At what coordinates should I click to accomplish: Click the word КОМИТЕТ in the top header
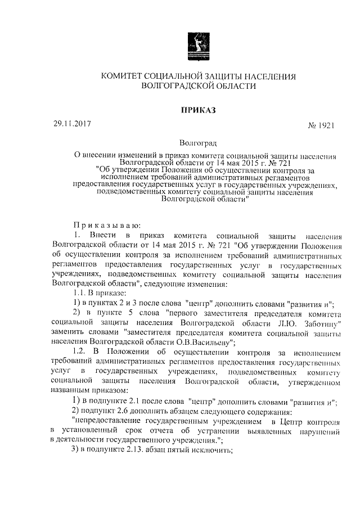[122, 76]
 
